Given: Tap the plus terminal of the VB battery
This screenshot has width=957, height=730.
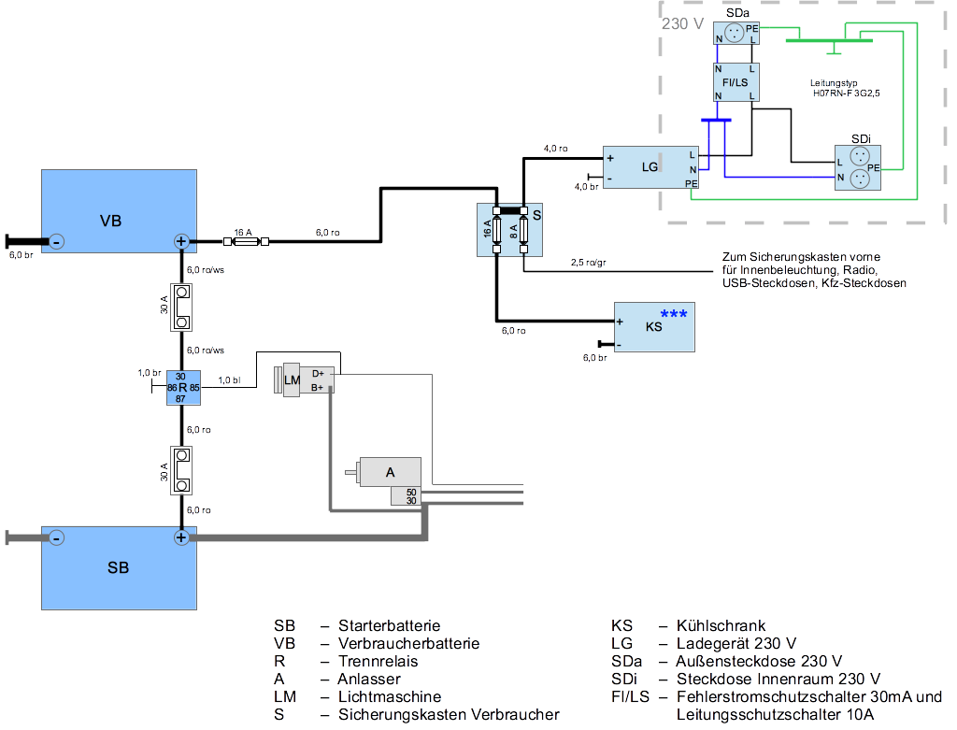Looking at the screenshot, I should point(181,242).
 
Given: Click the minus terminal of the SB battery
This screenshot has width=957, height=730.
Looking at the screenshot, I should point(56,537).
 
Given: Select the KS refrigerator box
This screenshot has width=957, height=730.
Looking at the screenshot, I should point(653,326).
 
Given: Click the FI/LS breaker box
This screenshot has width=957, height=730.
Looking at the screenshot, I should point(736,82).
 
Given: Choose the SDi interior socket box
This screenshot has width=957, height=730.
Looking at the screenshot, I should point(860,167).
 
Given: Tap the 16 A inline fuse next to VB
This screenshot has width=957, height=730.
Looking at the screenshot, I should point(244,242).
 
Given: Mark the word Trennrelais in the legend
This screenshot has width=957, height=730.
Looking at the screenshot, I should point(378,661).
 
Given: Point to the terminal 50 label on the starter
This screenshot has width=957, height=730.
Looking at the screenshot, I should point(411,491).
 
